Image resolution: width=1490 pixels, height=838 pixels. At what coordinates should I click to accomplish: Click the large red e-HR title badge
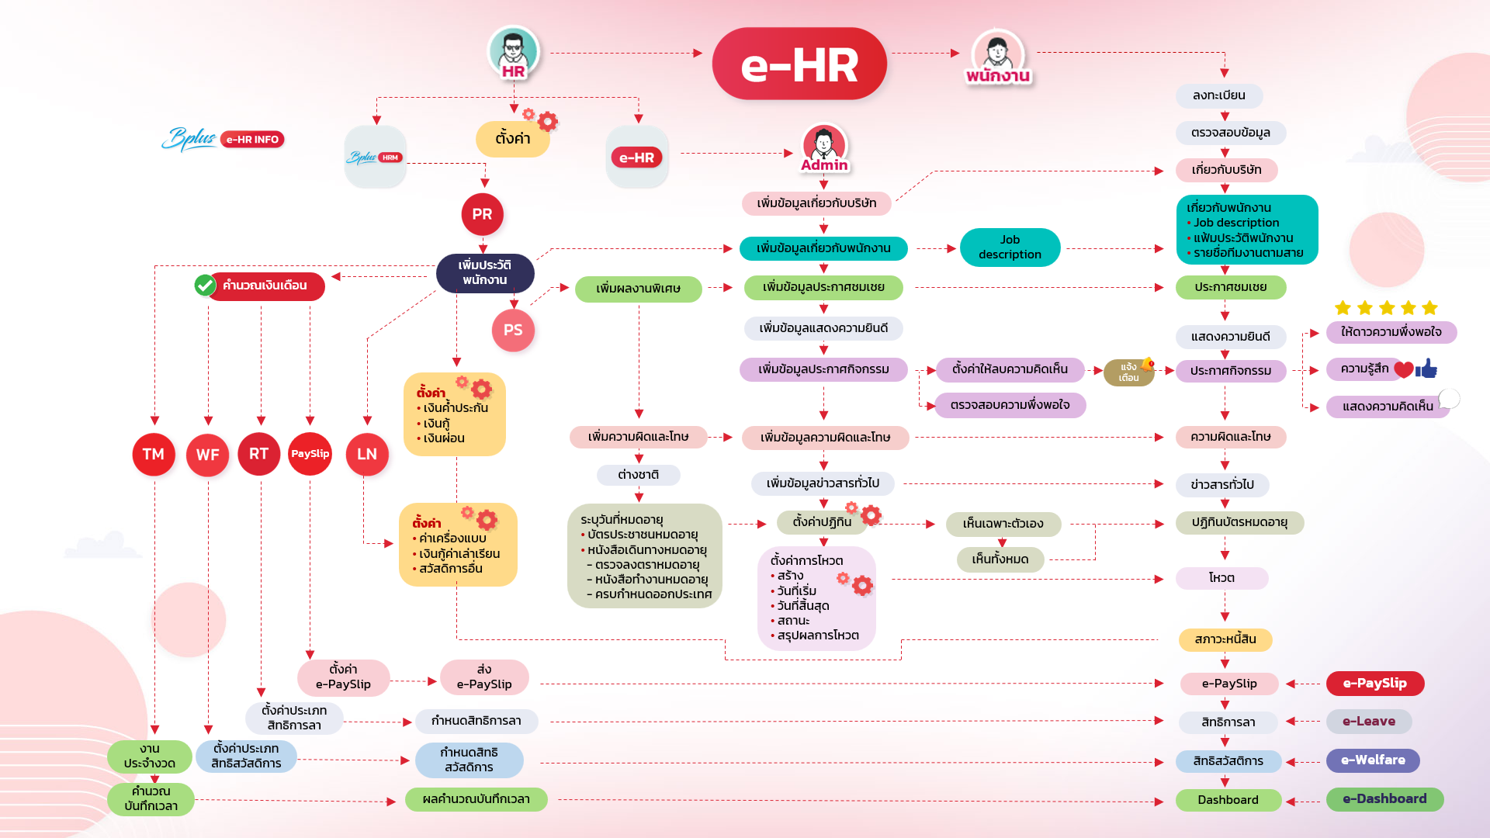[x=799, y=64]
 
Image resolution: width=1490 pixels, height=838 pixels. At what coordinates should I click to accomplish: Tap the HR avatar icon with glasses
[x=513, y=51]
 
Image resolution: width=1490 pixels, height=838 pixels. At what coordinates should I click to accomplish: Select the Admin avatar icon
[x=824, y=145]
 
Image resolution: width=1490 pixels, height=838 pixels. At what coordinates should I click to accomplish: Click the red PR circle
[x=482, y=214]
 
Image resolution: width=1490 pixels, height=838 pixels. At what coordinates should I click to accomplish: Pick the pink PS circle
[x=513, y=330]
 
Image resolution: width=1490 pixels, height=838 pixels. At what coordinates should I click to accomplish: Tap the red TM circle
[x=154, y=454]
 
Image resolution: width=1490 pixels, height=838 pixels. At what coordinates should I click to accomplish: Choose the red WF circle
[x=207, y=455]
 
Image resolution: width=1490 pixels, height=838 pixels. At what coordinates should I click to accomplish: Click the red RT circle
[x=259, y=454]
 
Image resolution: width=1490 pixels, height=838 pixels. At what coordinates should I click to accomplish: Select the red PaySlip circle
[x=310, y=454]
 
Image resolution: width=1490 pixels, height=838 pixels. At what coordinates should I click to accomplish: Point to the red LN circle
[x=367, y=454]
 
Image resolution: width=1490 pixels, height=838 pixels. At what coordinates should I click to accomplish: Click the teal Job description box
[x=1010, y=247]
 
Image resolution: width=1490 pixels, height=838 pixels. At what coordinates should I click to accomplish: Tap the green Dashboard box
[x=1228, y=800]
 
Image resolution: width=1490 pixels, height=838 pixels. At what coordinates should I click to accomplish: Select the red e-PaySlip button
[x=1375, y=684]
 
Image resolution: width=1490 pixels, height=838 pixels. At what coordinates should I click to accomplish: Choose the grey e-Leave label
[x=1369, y=722]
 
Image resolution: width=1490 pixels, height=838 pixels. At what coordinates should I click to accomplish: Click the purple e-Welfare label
[x=1373, y=760]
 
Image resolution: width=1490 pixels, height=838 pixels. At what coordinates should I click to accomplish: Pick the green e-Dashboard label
[x=1384, y=799]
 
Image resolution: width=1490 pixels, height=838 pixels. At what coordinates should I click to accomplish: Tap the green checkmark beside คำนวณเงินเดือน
[x=205, y=286]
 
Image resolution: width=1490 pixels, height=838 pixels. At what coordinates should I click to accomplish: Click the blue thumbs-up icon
[x=1426, y=369]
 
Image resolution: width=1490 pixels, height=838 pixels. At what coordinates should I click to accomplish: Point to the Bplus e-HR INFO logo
[x=223, y=139]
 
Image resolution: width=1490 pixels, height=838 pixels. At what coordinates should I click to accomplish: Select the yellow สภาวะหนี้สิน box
[x=1225, y=639]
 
